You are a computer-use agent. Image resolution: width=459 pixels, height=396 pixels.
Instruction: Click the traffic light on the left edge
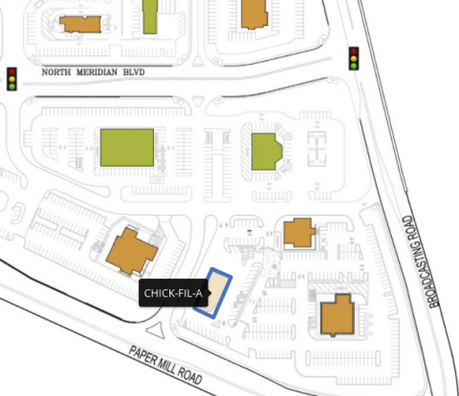click(x=12, y=78)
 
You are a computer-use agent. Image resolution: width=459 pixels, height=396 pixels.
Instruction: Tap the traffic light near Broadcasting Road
click(x=353, y=58)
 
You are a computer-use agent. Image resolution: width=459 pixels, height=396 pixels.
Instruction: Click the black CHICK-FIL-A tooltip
click(x=172, y=293)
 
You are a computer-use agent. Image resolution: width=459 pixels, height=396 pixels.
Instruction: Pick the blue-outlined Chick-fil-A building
click(x=219, y=293)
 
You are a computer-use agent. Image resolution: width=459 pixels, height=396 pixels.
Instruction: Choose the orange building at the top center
click(x=252, y=13)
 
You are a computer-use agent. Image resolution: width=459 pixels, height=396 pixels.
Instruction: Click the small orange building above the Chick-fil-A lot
click(x=298, y=232)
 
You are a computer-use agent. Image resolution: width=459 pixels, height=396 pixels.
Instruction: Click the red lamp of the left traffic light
click(x=12, y=71)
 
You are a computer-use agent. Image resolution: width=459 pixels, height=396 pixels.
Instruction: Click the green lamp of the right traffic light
click(x=353, y=66)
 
